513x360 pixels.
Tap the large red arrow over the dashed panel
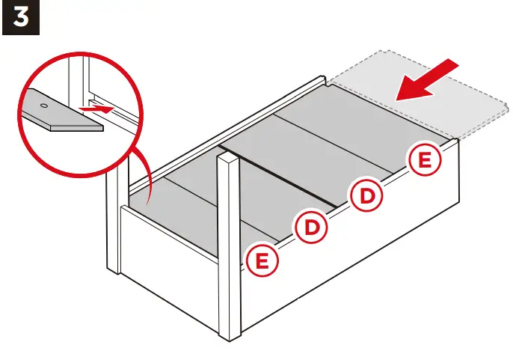[426, 80]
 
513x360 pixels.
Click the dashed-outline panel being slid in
[419, 105]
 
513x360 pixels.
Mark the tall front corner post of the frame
[228, 247]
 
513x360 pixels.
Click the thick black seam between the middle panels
[284, 180]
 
